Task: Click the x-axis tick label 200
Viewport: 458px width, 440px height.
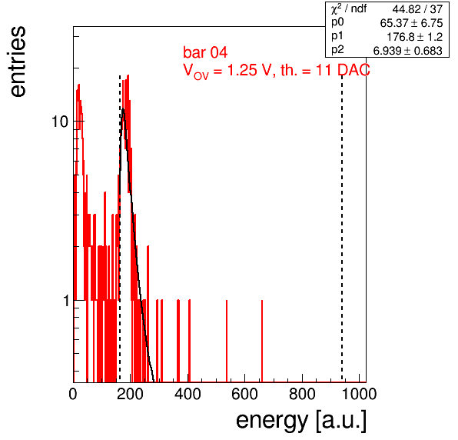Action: tap(130, 395)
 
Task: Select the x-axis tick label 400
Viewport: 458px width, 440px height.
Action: tap(188, 395)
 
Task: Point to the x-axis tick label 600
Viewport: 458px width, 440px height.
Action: tap(245, 395)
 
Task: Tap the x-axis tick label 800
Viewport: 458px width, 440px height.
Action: tap(302, 395)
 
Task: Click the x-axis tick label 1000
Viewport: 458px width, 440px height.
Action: tap(359, 395)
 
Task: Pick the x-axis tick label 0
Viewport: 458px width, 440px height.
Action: tap(73, 395)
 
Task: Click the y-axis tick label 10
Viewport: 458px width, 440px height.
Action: tap(60, 122)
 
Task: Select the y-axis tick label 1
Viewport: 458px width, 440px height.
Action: tap(66, 301)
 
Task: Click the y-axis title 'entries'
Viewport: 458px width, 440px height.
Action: tap(18, 62)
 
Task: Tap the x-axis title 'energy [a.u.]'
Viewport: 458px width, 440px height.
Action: tap(301, 421)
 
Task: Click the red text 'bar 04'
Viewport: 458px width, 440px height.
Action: tap(205, 52)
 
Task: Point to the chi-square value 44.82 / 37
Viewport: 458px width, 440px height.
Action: tap(417, 9)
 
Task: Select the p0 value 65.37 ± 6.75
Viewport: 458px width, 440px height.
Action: tap(412, 23)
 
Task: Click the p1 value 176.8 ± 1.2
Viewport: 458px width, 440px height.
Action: tap(415, 37)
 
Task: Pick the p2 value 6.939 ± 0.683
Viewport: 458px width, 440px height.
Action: tap(408, 51)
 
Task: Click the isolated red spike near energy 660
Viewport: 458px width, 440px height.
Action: tap(262, 341)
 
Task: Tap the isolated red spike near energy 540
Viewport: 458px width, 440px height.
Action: tap(227, 341)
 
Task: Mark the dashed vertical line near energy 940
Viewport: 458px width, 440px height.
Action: tap(342, 227)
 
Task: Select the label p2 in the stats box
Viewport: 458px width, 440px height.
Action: tap(337, 50)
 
